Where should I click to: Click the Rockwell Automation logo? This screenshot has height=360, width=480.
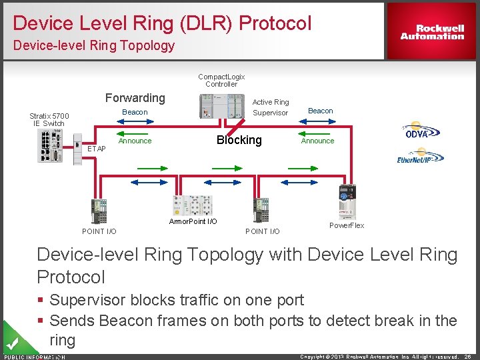pyautogui.click(x=432, y=32)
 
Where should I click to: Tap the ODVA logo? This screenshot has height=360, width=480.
pyautogui.click(x=417, y=131)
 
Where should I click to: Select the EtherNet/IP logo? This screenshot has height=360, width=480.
pyautogui.click(x=420, y=156)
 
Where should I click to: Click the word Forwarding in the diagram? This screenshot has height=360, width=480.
pyautogui.click(x=135, y=98)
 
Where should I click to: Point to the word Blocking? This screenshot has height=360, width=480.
pyautogui.click(x=239, y=140)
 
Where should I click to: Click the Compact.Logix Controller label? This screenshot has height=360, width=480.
pyautogui.click(x=221, y=80)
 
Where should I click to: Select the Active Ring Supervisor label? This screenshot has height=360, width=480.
pyautogui.click(x=271, y=107)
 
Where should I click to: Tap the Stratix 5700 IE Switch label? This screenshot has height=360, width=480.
pyautogui.click(x=49, y=119)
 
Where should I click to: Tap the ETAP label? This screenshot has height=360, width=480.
pyautogui.click(x=97, y=149)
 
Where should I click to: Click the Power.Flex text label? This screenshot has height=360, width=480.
pyautogui.click(x=347, y=225)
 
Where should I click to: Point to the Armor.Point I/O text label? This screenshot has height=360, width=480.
pyautogui.click(x=193, y=221)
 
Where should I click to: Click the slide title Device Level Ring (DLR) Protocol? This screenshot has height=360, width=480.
pyautogui.click(x=162, y=23)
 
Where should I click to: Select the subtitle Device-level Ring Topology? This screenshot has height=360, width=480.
pyautogui.click(x=93, y=46)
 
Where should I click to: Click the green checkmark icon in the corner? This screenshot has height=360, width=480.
pyautogui.click(x=11, y=343)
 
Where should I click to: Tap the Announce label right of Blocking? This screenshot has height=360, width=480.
pyautogui.click(x=317, y=141)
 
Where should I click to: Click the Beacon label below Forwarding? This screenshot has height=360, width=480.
pyautogui.click(x=135, y=112)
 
